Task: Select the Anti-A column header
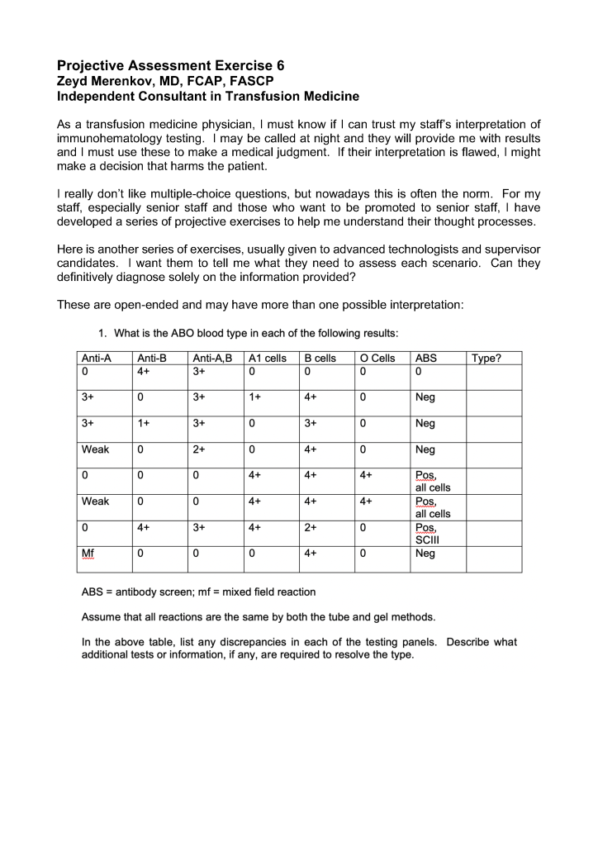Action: [x=96, y=359]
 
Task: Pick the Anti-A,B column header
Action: [x=212, y=359]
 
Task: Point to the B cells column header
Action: [x=320, y=359]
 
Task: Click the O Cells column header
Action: [x=377, y=359]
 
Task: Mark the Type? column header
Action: [x=485, y=359]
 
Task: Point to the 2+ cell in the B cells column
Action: [x=311, y=526]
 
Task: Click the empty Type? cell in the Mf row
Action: [x=493, y=558]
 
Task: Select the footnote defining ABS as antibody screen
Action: [x=198, y=592]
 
